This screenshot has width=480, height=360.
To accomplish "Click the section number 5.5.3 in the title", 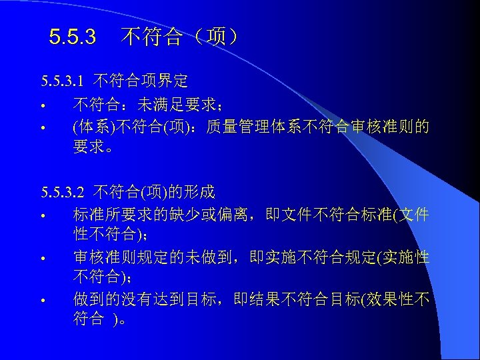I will [73, 37].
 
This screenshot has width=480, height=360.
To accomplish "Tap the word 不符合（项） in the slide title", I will [180, 37].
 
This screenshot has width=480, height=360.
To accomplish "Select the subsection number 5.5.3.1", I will [62, 82].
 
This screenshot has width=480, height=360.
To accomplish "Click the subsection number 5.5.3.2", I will [62, 193].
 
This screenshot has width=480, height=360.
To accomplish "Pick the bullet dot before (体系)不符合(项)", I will [41, 127].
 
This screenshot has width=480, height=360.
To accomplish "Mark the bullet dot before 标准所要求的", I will [41, 217].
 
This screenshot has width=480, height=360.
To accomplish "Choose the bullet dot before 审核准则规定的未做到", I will [41, 259].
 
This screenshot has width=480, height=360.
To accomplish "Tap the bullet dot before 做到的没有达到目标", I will [41, 301].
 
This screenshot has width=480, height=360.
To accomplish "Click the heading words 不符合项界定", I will [141, 82].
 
